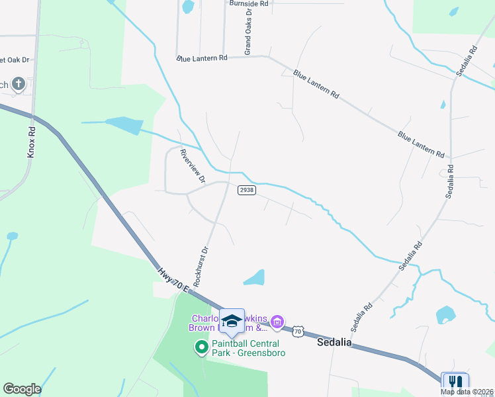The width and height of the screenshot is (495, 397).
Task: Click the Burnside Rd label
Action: [x=249, y=4]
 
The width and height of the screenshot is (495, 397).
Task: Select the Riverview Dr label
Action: [x=193, y=166]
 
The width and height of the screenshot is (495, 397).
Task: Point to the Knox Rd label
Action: [x=30, y=142]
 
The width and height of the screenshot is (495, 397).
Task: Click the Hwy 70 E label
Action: [x=173, y=279]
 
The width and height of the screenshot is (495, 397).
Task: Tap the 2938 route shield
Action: [x=246, y=190]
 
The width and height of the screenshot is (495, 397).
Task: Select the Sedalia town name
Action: [x=334, y=343]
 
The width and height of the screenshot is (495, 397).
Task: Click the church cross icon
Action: [x=19, y=83]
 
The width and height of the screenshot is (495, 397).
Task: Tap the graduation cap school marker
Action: [x=232, y=321]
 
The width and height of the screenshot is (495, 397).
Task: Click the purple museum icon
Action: [x=277, y=322]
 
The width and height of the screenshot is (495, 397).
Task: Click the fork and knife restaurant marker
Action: [x=455, y=382]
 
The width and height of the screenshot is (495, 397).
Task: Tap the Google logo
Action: [x=22, y=389]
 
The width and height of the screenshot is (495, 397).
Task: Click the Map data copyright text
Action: [x=467, y=392]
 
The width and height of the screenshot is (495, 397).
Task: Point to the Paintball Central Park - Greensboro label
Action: [x=246, y=347]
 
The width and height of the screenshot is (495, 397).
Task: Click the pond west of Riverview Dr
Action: [x=124, y=124]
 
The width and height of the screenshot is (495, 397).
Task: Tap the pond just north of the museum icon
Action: [x=255, y=278]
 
